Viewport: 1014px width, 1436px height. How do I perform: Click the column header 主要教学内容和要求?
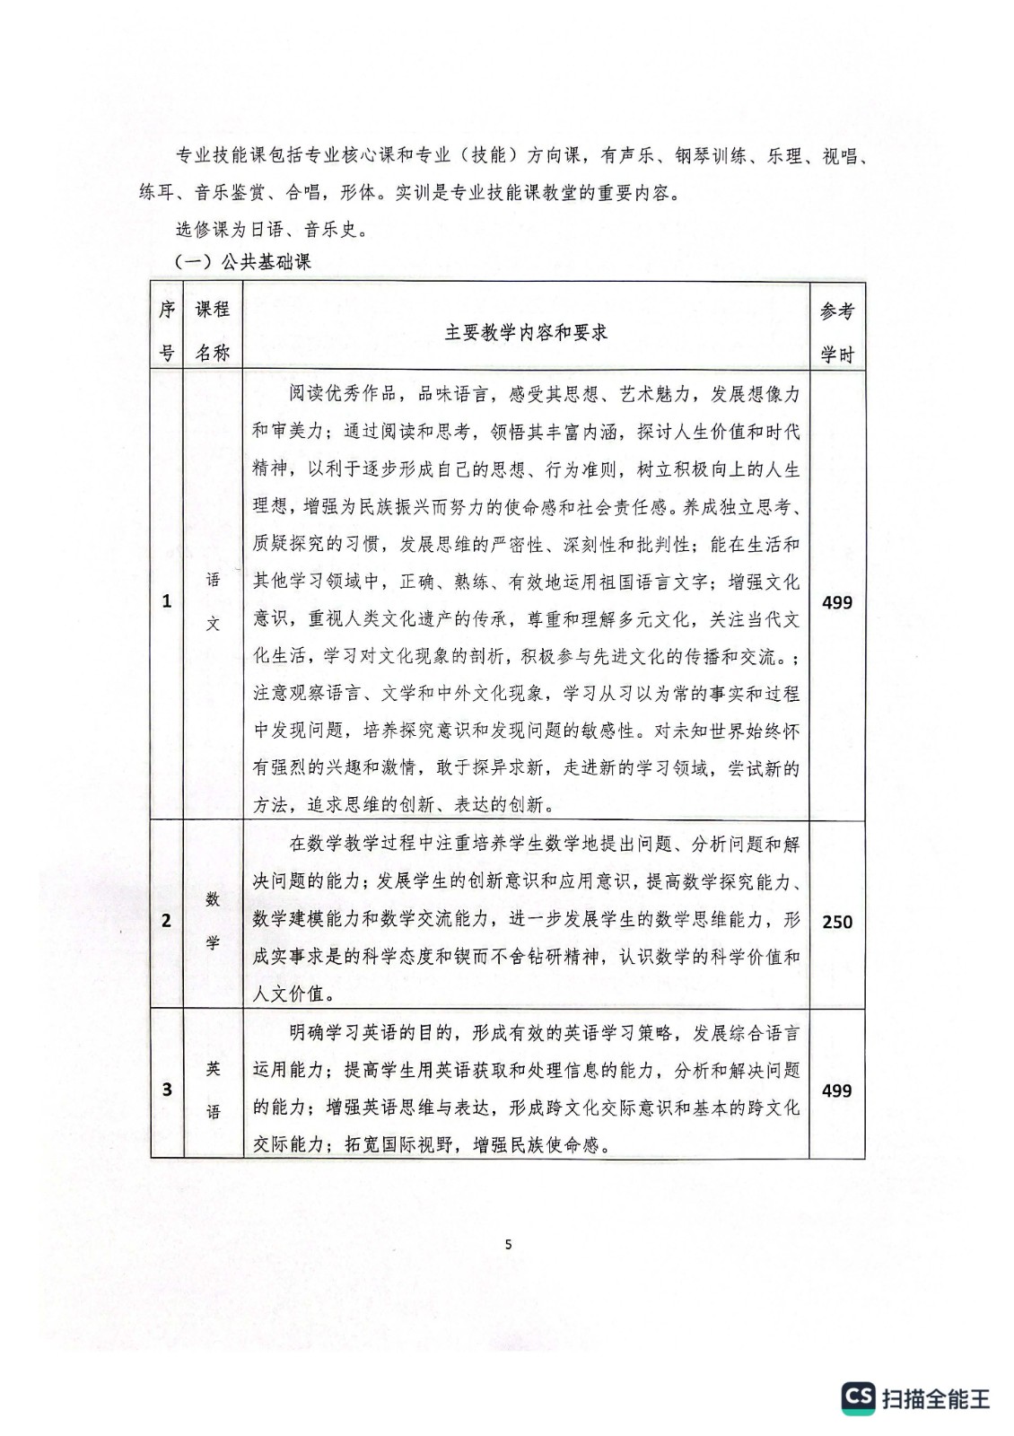pyautogui.click(x=526, y=332)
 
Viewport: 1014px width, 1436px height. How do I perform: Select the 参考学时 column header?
pyautogui.click(x=837, y=332)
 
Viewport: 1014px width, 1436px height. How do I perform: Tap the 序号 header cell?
pyautogui.click(x=167, y=331)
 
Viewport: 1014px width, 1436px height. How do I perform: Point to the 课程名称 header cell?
pyautogui.click(x=213, y=331)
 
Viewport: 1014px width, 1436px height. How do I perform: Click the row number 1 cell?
pyautogui.click(x=167, y=601)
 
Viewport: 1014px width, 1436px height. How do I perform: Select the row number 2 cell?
pyautogui.click(x=167, y=921)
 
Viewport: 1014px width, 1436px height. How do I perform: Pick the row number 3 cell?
pyautogui.click(x=167, y=1090)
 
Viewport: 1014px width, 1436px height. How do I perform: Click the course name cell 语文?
pyautogui.click(x=213, y=601)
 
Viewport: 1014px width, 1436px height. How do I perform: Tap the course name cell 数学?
pyautogui.click(x=213, y=921)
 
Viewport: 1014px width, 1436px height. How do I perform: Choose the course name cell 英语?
pyautogui.click(x=213, y=1090)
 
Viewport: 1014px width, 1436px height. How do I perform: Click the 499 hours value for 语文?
pyautogui.click(x=837, y=602)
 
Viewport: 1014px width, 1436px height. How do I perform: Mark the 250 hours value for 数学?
pyautogui.click(x=837, y=922)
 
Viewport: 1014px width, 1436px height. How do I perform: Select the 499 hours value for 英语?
pyautogui.click(x=837, y=1090)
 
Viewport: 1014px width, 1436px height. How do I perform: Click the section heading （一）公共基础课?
pyautogui.click(x=242, y=262)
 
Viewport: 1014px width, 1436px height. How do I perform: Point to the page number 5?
pyautogui.click(x=509, y=1244)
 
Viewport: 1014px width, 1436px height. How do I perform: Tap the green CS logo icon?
pyautogui.click(x=858, y=1397)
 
